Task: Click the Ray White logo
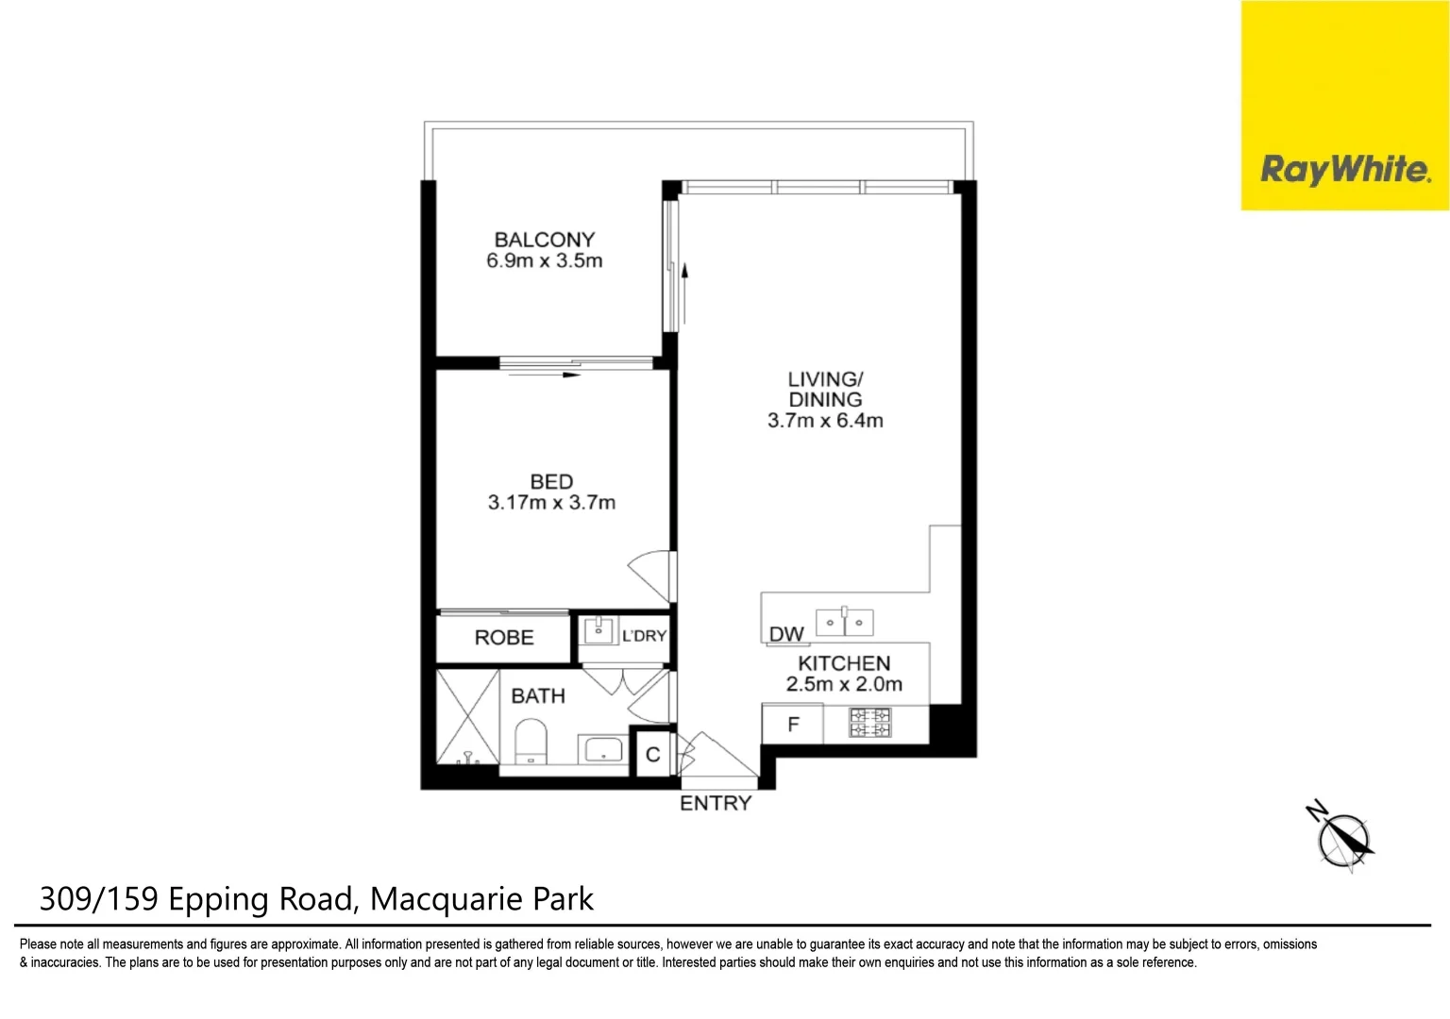point(1344,170)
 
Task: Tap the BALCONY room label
point(545,240)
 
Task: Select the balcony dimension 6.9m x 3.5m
point(545,261)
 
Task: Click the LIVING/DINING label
point(825,389)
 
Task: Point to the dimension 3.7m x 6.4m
point(825,421)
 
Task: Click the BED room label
point(551,481)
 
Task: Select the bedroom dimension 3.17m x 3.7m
point(551,503)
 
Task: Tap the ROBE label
point(504,638)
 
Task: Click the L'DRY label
point(644,636)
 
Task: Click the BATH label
point(538,696)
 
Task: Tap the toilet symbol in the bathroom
point(531,742)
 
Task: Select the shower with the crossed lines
point(467,716)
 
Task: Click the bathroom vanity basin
point(603,750)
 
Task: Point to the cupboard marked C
point(652,755)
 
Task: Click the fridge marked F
point(793,725)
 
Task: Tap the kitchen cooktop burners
point(869,724)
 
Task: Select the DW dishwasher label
point(786,635)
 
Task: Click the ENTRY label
point(716,803)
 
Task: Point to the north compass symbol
point(1343,838)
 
